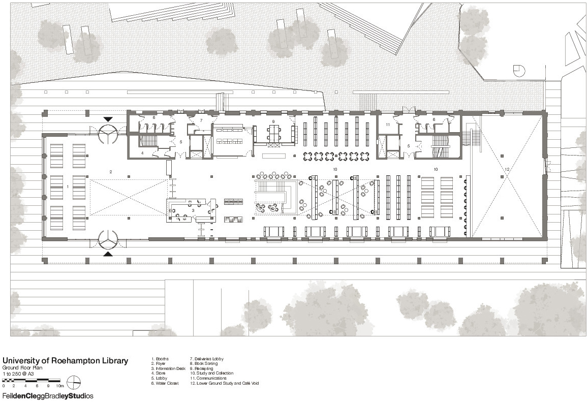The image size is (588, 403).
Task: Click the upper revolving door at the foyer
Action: click(109, 133)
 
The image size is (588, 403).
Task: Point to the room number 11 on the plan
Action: click(387, 124)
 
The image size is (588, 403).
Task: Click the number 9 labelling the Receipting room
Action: click(273, 121)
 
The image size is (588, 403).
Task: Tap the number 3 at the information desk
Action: click(193, 209)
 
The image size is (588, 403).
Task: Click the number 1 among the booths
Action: click(68, 187)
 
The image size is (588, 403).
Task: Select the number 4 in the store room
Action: click(142, 152)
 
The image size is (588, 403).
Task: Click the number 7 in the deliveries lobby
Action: click(201, 120)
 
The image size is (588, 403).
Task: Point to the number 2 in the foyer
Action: click(111, 172)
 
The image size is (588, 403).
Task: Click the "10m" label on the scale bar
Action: click(59, 386)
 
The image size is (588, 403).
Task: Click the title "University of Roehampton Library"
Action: click(65, 361)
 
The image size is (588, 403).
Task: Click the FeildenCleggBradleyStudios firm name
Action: click(48, 395)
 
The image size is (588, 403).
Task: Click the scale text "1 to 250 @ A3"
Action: click(18, 373)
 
